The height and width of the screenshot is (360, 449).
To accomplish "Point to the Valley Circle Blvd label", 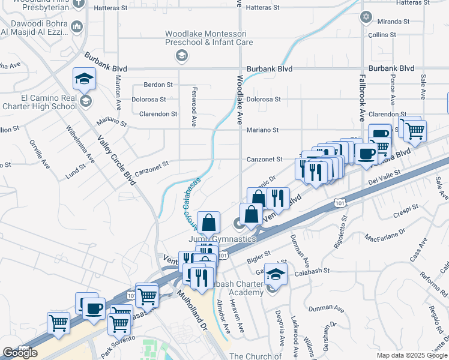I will coord(116,160).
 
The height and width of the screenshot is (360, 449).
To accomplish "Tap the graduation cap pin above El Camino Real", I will coord(85,79).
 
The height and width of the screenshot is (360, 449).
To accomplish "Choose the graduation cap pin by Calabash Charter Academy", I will coord(275,274).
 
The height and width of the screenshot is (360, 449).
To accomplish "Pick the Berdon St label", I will coord(159,85).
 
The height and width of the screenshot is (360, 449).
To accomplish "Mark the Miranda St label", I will coord(394,21).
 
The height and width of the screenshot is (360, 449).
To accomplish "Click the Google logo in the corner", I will coord(20,353).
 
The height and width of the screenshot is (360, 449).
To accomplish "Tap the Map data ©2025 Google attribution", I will coord(412,355).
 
